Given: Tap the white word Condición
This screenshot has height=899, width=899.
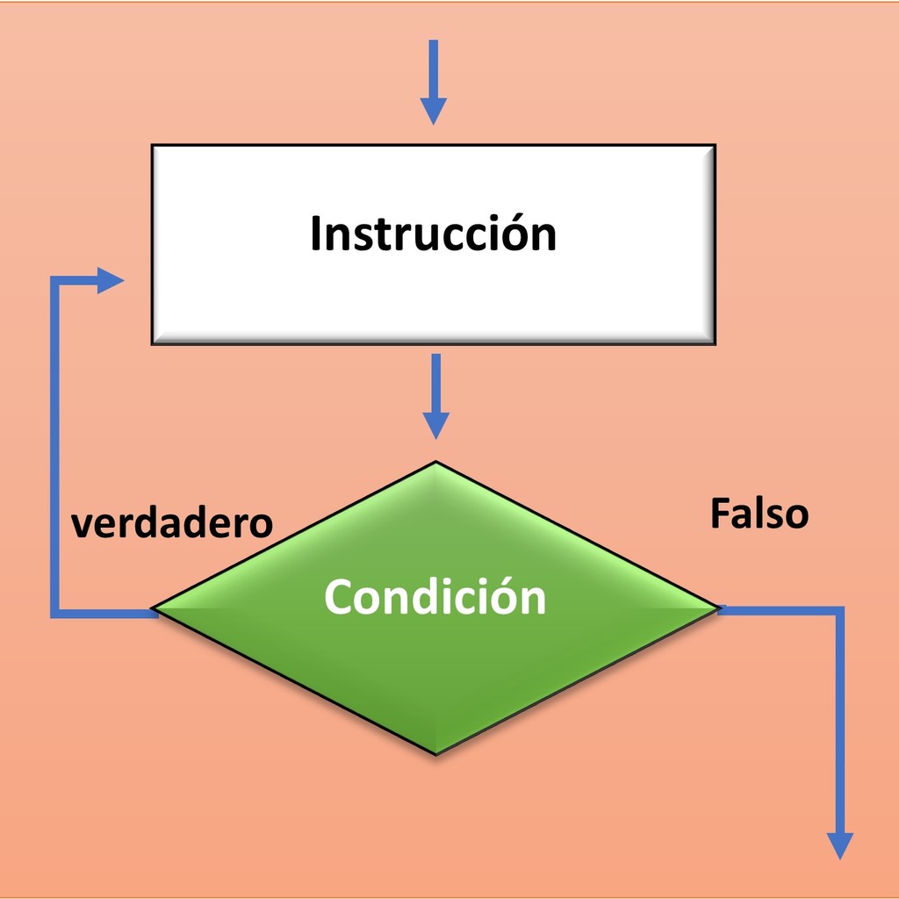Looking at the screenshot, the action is pyautogui.click(x=435, y=596).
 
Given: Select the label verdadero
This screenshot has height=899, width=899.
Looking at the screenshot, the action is pyautogui.click(x=171, y=523).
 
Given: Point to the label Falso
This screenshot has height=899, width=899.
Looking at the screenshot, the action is pyautogui.click(x=759, y=513).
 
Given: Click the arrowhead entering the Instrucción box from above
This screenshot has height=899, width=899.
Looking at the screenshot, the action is pyautogui.click(x=434, y=111).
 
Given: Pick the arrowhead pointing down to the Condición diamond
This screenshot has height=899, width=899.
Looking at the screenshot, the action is pyautogui.click(x=435, y=426).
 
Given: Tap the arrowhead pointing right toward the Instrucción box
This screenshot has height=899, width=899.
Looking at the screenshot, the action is pyautogui.click(x=110, y=280).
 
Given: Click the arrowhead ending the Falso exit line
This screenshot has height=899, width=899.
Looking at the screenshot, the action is pyautogui.click(x=840, y=846).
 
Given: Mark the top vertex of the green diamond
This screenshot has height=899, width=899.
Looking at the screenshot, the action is pyautogui.click(x=435, y=462).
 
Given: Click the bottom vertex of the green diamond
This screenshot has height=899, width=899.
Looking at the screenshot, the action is pyautogui.click(x=435, y=754).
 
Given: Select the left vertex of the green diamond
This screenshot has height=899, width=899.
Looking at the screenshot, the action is pyautogui.click(x=153, y=608).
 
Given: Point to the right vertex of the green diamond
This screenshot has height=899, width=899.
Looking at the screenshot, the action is pyautogui.click(x=719, y=608).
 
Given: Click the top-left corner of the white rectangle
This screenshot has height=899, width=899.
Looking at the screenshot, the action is pyautogui.click(x=152, y=145).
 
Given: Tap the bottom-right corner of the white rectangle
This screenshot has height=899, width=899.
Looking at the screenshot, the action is pyautogui.click(x=715, y=344).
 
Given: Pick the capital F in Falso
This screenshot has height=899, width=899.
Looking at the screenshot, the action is pyautogui.click(x=722, y=513).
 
